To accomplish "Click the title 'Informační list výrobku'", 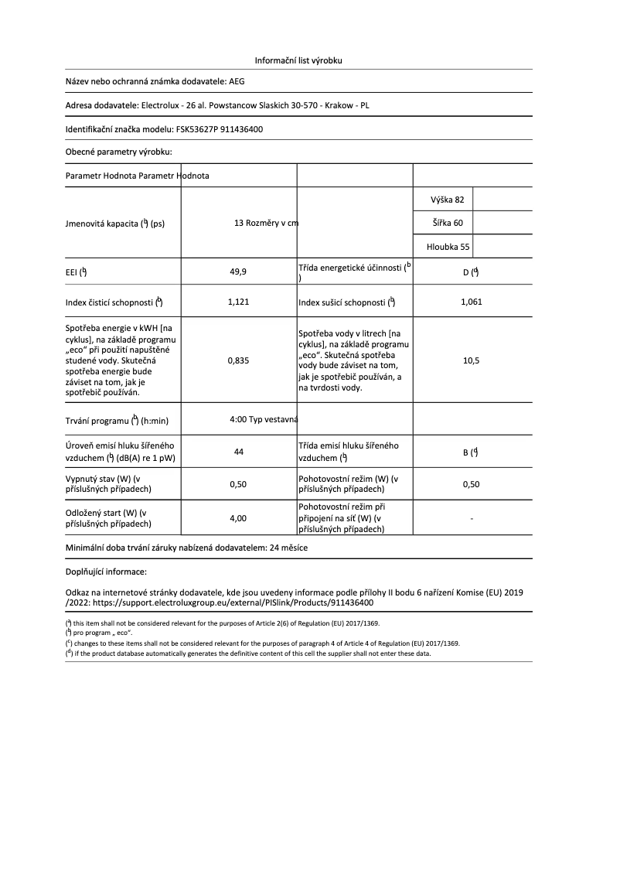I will pos(298,60).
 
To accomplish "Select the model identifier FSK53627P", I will pos(199,129).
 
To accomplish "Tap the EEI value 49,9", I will pos(238,272).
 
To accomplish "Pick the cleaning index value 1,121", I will pos(238,302).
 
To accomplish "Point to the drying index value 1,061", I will pos(471,302).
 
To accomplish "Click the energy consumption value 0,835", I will pos(238,360).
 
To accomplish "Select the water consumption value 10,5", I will pos(471,360).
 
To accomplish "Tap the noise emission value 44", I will pos(238,452).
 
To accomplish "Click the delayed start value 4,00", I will pos(238,518).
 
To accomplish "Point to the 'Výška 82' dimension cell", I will pos(448,200).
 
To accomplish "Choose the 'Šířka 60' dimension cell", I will pos(448,224).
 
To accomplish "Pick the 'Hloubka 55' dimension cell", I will pos(448,247).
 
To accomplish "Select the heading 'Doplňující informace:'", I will pos(106,572).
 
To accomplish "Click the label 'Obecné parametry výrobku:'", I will pos(118,152).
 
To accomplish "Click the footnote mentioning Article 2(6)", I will pos(224,623).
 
